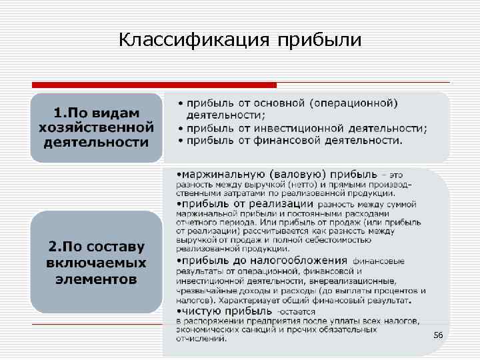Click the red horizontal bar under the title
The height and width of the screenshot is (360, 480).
coord(154,85)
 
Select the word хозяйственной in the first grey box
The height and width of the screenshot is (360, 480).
coord(97,127)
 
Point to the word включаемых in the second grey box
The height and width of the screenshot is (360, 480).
coord(97,263)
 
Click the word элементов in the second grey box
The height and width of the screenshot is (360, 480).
coord(97,279)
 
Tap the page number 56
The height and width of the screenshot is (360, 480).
coord(438,334)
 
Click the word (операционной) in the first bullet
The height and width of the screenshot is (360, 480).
coord(353,103)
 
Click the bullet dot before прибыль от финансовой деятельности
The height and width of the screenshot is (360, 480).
coord(180,140)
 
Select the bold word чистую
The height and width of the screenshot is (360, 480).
coord(203,311)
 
